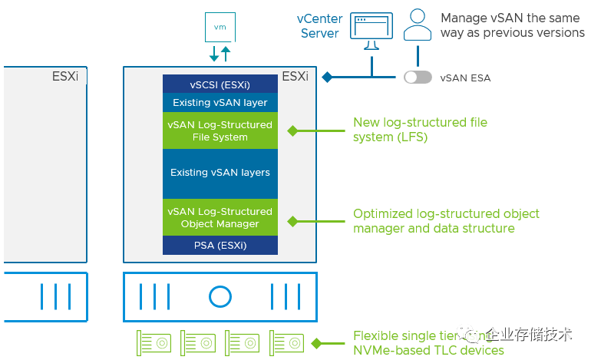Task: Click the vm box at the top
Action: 220,27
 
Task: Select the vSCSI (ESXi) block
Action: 220,84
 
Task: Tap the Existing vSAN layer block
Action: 220,102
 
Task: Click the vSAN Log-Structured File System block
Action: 220,130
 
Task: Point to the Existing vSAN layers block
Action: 220,173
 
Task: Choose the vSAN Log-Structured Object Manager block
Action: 220,217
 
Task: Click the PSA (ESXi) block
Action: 220,246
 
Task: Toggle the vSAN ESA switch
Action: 418,78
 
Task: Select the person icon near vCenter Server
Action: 418,25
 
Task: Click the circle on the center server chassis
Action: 220,296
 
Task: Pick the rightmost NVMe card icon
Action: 286,342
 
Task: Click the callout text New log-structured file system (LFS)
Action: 419,129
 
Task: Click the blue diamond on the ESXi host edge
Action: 326,77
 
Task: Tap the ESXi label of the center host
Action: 295,77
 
